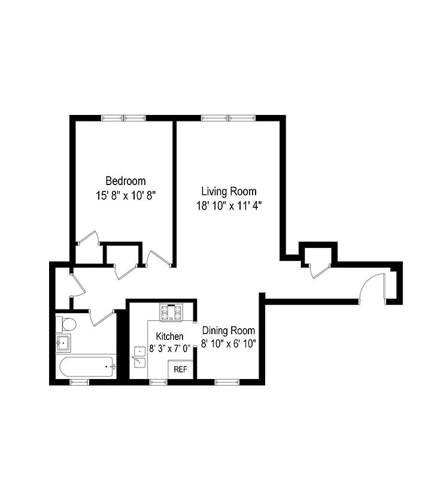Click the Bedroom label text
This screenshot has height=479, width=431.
126,181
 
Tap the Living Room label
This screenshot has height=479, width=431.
229,192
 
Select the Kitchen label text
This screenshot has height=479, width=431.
169,336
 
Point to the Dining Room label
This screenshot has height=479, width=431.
229,331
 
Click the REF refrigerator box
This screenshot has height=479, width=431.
180,369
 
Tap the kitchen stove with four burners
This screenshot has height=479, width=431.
171,312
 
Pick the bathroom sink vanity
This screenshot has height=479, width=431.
63,344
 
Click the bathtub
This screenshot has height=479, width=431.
84,366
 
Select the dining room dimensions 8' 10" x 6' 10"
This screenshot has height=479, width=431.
229,344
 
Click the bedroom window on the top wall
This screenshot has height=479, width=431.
123,118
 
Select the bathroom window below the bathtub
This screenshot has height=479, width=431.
80,381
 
